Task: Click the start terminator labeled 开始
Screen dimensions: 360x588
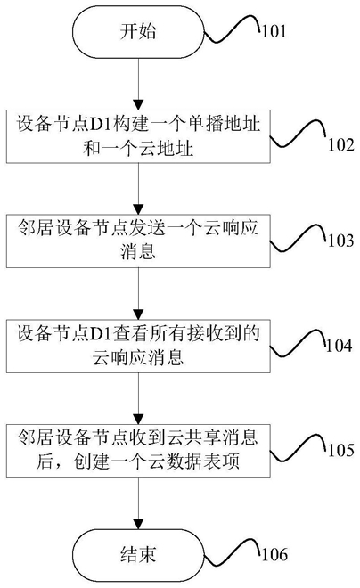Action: tap(138, 31)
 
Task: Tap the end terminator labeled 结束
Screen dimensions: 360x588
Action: tap(138, 555)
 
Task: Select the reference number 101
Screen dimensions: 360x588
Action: tap(274, 31)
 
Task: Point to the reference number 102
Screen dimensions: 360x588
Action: tap(341, 144)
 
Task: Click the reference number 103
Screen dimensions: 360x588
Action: tap(341, 241)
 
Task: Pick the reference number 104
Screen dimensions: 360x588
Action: tap(339, 346)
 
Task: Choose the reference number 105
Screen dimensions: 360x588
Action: tap(341, 450)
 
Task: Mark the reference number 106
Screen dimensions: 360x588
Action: tap(274, 554)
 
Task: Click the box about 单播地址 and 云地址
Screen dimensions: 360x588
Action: tap(138, 136)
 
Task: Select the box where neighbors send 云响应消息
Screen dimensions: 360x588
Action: tap(138, 241)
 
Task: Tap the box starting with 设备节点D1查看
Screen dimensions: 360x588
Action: tap(138, 347)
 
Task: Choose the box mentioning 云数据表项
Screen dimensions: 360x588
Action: tap(138, 451)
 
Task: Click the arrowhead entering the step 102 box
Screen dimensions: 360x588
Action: tap(138, 104)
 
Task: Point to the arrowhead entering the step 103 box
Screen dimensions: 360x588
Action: tap(138, 209)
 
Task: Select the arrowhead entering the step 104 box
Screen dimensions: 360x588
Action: tap(138, 314)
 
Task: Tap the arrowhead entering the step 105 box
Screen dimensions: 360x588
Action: tap(138, 419)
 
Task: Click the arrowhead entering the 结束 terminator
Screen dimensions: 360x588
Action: tap(138, 524)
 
